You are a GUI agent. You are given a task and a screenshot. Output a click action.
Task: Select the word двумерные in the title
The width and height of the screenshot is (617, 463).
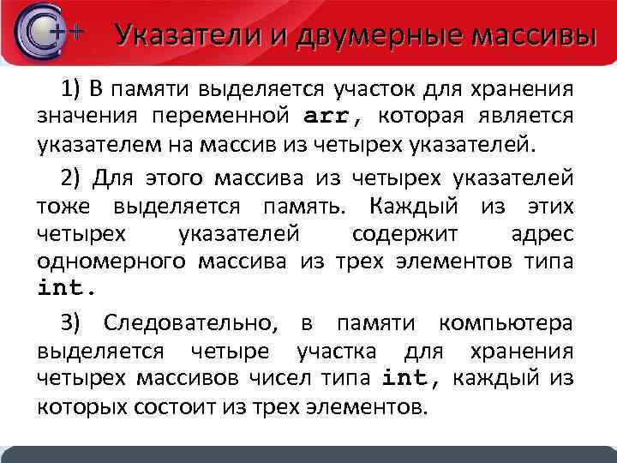pyautogui.click(x=374, y=35)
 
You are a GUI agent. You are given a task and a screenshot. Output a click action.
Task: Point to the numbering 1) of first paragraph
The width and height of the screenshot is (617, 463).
pyautogui.click(x=69, y=88)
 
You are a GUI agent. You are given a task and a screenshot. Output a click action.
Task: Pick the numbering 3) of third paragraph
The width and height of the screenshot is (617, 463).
pyautogui.click(x=70, y=323)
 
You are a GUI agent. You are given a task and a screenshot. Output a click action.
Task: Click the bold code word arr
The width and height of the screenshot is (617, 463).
pyautogui.click(x=329, y=115)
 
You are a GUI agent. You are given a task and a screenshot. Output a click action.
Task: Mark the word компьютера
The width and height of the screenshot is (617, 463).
pyautogui.click(x=505, y=323)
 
